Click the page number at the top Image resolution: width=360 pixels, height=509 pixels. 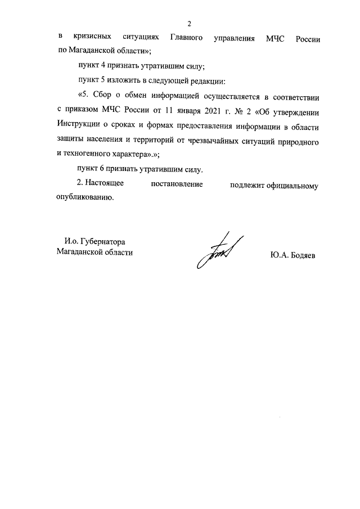[x=189, y=24]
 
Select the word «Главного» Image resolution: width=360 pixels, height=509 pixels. [x=186, y=39]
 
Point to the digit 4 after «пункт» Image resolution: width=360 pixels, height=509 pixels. [x=103, y=65]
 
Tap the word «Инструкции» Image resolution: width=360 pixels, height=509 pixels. [x=79, y=123]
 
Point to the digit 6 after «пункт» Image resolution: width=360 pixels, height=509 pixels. [x=103, y=168]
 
